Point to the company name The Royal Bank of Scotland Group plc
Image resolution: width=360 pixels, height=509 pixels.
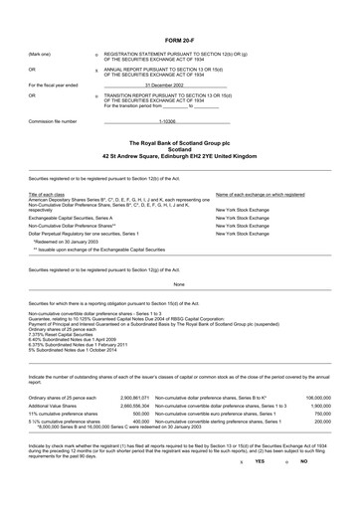[179, 145]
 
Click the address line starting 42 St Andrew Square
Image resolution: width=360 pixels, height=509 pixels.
[179, 159]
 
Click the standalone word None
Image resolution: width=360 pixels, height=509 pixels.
[179, 283]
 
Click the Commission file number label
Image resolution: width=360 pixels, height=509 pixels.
[57, 120]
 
